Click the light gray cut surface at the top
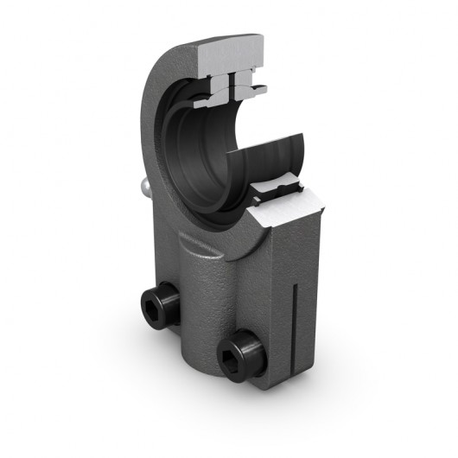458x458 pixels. pyautogui.click(x=232, y=54)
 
